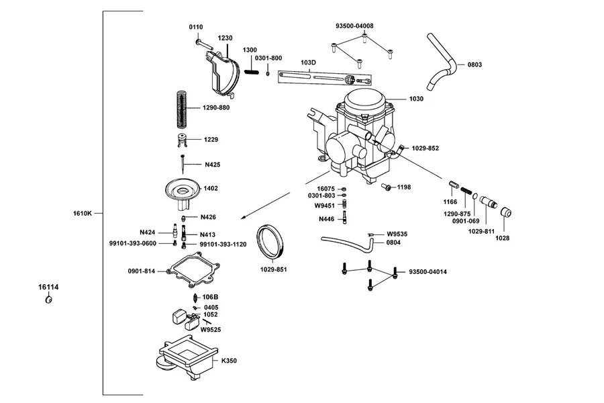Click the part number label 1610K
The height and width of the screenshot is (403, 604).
[x=83, y=213]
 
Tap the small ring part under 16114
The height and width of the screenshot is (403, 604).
[x=48, y=300]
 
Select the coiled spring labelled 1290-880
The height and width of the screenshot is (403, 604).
[x=181, y=109]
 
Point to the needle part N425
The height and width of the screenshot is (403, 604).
[x=183, y=164]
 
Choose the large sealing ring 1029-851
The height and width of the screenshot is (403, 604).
[x=270, y=242]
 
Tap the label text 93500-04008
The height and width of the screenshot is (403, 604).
[x=354, y=26]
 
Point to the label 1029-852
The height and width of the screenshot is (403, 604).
[x=425, y=148]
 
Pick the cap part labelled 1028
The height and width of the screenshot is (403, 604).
[x=506, y=212]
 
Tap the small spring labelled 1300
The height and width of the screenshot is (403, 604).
[x=251, y=72]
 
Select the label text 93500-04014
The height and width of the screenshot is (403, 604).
[x=428, y=272]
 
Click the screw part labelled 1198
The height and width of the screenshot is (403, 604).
[x=387, y=187]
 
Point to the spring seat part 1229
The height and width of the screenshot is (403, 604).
[x=181, y=140]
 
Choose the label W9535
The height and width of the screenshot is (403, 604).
[x=397, y=234]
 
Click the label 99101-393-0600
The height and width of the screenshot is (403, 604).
[x=133, y=243]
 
